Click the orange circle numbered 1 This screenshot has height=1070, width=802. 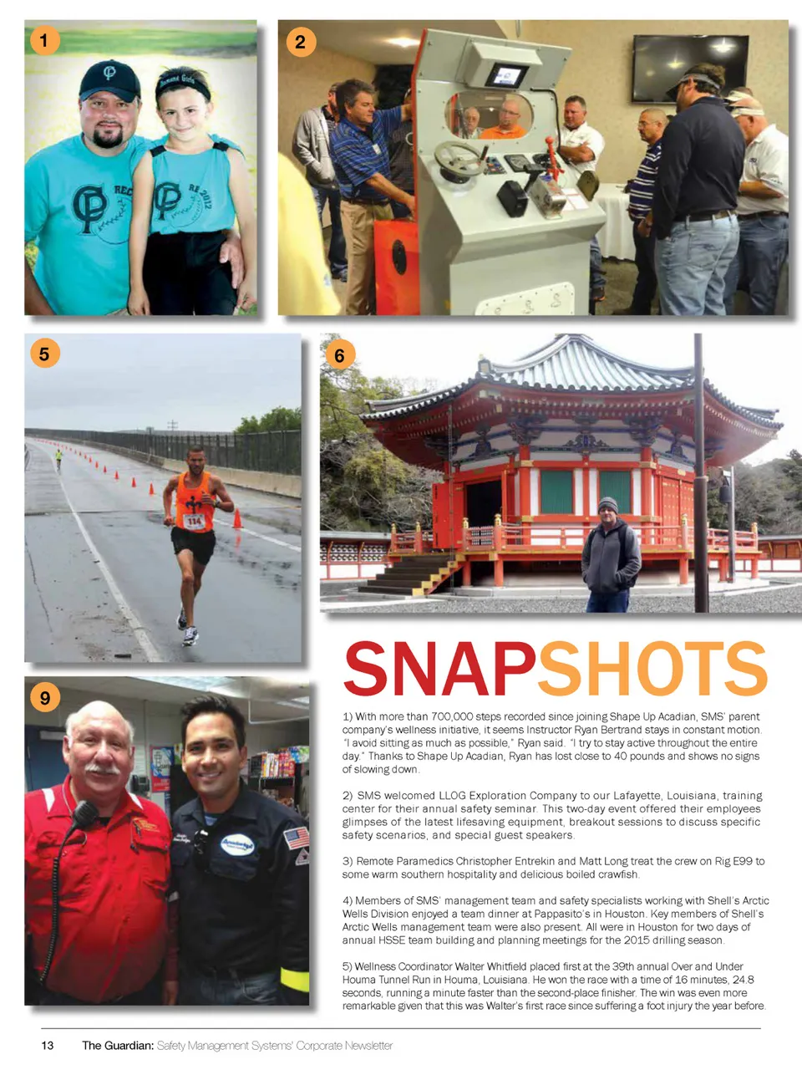pyautogui.click(x=44, y=39)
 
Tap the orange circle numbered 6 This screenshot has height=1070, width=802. pyautogui.click(x=339, y=355)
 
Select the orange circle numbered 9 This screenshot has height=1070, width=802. pyautogui.click(x=44, y=697)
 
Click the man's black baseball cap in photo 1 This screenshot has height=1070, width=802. pyautogui.click(x=109, y=79)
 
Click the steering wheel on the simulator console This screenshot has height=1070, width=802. pyautogui.click(x=459, y=156)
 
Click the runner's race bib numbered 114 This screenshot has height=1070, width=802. pyautogui.click(x=194, y=522)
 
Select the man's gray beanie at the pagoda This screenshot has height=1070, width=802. pyautogui.click(x=608, y=505)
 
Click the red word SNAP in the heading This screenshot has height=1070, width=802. pyautogui.click(x=439, y=669)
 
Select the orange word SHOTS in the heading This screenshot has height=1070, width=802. pyautogui.click(x=652, y=669)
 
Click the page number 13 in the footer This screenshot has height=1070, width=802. pyautogui.click(x=48, y=1045)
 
